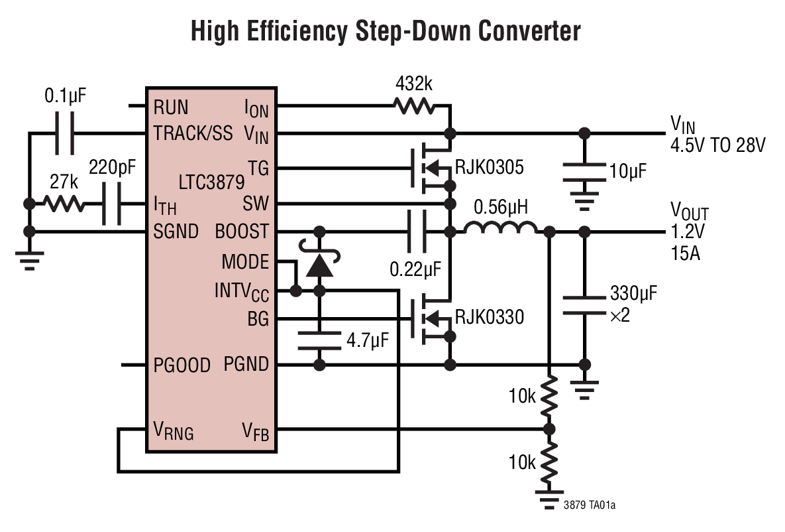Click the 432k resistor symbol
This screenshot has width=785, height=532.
413,105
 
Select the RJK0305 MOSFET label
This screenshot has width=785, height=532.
489,168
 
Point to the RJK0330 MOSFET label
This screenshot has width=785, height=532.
489,317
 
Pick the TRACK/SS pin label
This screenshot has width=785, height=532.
193,133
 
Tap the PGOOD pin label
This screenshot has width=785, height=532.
182,365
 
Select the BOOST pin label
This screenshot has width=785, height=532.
242,232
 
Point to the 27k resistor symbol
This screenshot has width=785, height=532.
65,204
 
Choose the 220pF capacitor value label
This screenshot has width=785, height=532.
113,168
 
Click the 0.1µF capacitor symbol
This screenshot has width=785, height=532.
64,134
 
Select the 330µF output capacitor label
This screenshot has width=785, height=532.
633,293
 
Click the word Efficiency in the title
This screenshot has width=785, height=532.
299,31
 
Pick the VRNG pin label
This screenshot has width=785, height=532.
174,432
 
